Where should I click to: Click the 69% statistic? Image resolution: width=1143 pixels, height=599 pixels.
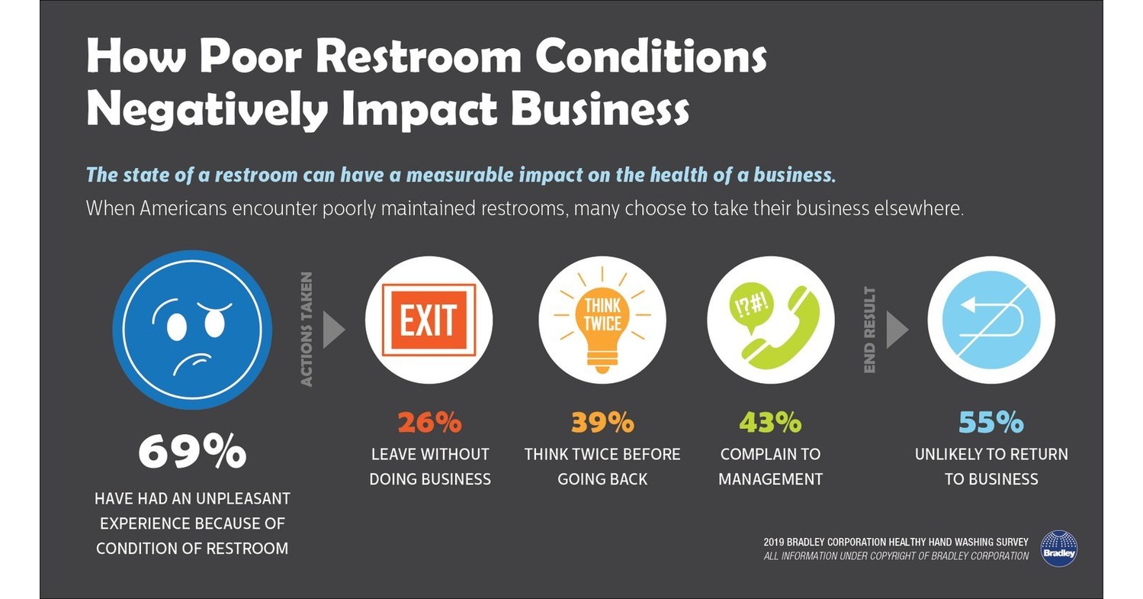[x=191, y=452]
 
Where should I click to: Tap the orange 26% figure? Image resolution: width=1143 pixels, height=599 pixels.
[x=429, y=422]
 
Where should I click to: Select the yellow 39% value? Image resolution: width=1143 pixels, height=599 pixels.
[x=602, y=422]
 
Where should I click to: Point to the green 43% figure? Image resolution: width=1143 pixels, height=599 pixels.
[x=770, y=422]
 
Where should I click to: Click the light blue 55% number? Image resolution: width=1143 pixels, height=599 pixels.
[x=990, y=422]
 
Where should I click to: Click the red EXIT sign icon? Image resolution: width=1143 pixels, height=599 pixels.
[x=429, y=320]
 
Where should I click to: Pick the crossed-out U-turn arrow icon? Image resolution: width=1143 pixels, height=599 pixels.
[x=990, y=320]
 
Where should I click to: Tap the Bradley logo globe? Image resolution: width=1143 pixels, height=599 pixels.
[x=1058, y=548]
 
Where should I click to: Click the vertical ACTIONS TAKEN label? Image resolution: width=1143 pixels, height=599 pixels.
[x=307, y=330]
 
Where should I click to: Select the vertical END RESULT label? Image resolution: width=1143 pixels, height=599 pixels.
[x=869, y=330]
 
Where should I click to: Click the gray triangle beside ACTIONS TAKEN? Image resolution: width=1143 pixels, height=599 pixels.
[x=333, y=330]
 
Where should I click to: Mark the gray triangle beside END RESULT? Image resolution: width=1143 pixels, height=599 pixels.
[x=896, y=330]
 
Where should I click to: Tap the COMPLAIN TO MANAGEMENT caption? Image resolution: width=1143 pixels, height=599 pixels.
[x=770, y=467]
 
